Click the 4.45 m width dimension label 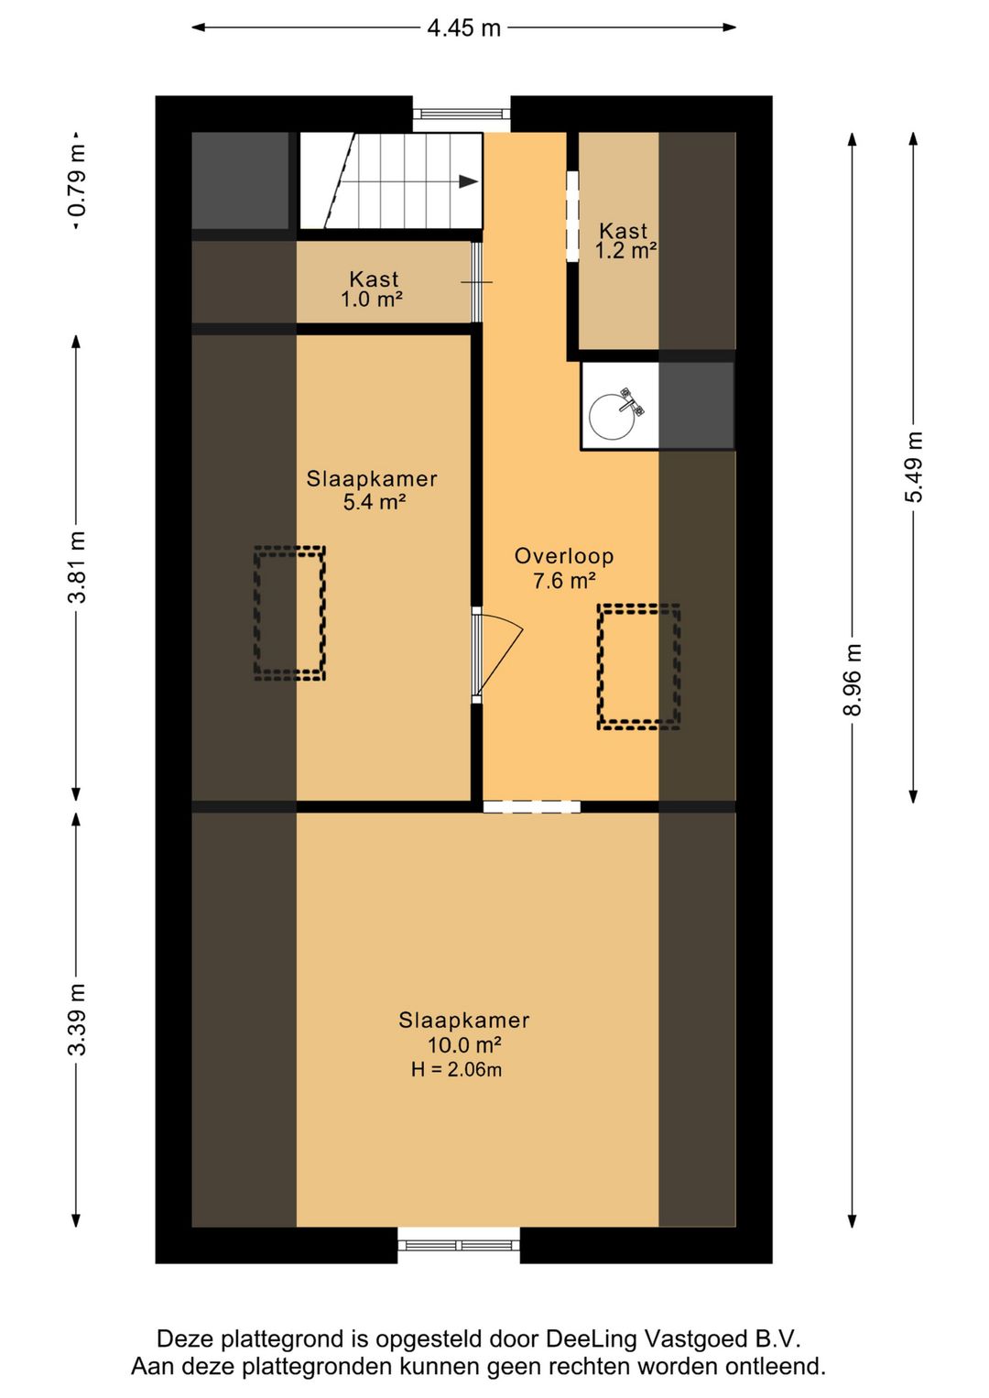(463, 28)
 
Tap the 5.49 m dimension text (914, 467)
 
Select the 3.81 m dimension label (77, 567)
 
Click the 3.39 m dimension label (77, 1019)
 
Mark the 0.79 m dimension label (77, 181)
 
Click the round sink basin (612, 416)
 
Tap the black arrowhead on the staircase (469, 181)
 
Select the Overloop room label (563, 556)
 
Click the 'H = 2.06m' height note (456, 1070)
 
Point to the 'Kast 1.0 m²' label (373, 289)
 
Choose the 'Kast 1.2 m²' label (625, 241)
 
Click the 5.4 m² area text (375, 502)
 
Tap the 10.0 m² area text (464, 1044)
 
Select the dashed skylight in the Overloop (638, 667)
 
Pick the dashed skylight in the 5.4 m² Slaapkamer (289, 613)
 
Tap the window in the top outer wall (462, 114)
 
